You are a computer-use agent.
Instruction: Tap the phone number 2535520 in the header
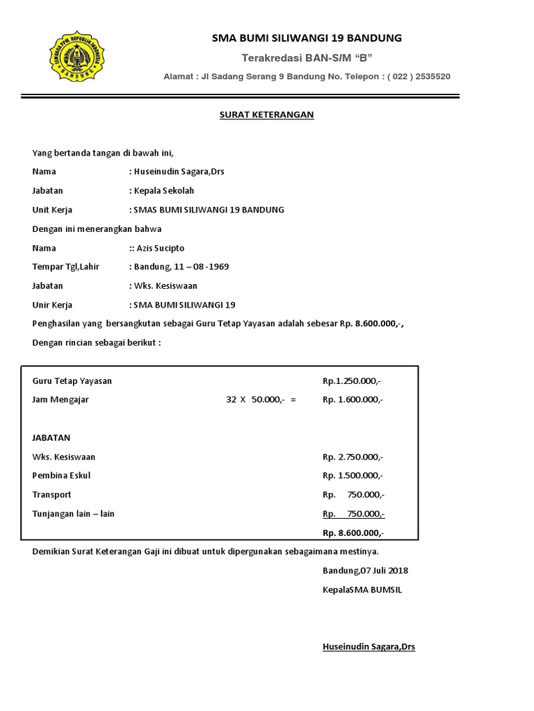[x=432, y=76]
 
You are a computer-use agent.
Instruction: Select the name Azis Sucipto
[x=161, y=248]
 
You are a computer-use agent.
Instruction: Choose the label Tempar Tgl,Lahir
[x=66, y=267]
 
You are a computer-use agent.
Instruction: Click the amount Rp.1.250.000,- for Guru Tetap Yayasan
[x=352, y=380]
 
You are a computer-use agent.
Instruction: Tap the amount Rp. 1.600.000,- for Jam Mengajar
[x=353, y=399]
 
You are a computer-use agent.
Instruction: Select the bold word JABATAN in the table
[x=51, y=438]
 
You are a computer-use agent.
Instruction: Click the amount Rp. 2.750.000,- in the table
[x=353, y=457]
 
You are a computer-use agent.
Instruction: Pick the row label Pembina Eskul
[x=61, y=476]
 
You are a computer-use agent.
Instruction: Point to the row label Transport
[x=51, y=494]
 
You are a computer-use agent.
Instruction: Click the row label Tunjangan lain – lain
[x=73, y=514]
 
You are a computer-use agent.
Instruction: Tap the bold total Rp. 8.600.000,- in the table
[x=353, y=533]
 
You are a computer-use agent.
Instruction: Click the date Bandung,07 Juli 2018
[x=365, y=571]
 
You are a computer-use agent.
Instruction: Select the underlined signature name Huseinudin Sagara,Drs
[x=369, y=646]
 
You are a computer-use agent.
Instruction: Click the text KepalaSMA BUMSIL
[x=362, y=589]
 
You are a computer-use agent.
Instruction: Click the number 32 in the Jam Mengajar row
[x=232, y=399]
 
